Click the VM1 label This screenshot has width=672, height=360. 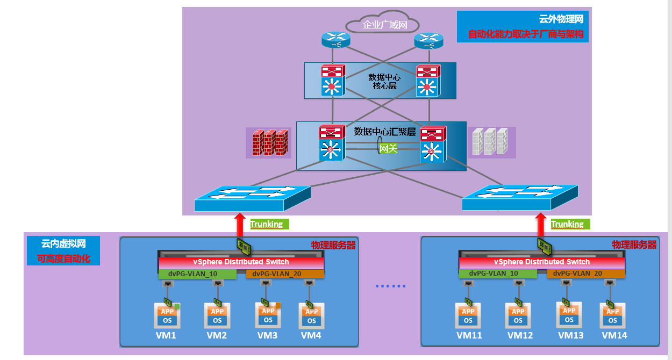[x=166, y=336]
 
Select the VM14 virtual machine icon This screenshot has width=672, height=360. [x=612, y=316]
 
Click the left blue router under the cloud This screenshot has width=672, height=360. [x=336, y=39]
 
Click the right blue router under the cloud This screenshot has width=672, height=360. [x=428, y=39]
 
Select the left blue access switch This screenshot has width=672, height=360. [x=253, y=198]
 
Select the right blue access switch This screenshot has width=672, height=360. [x=519, y=198]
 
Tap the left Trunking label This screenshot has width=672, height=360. [x=267, y=224]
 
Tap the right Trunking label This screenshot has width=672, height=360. [x=567, y=224]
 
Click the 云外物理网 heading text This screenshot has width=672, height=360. [x=561, y=19]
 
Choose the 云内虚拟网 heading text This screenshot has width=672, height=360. [x=63, y=243]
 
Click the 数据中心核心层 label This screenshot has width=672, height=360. [x=384, y=82]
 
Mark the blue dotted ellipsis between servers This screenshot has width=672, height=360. [x=391, y=286]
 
